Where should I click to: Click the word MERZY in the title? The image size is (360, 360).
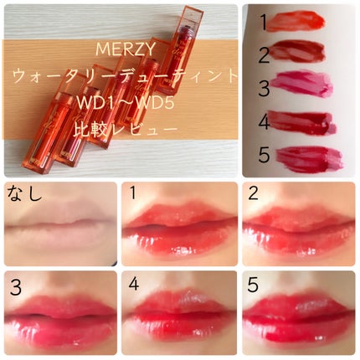click(126, 49)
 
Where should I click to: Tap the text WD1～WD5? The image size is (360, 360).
click(126, 103)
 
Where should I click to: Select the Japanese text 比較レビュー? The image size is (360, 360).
click(126, 130)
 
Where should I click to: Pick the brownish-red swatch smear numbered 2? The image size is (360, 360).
click(297, 51)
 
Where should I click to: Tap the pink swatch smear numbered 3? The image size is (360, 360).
click(302, 83)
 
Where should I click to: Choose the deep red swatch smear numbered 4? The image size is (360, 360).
click(302, 122)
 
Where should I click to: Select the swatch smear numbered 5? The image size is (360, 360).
click(309, 158)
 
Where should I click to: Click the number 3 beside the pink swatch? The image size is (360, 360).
click(264, 88)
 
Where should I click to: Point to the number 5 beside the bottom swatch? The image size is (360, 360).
click(264, 154)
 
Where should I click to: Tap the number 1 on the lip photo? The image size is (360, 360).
click(133, 193)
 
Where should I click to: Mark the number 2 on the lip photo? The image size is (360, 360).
click(253, 193)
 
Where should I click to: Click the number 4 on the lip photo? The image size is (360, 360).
click(134, 284)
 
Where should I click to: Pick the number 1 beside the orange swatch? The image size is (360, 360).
click(263, 22)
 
